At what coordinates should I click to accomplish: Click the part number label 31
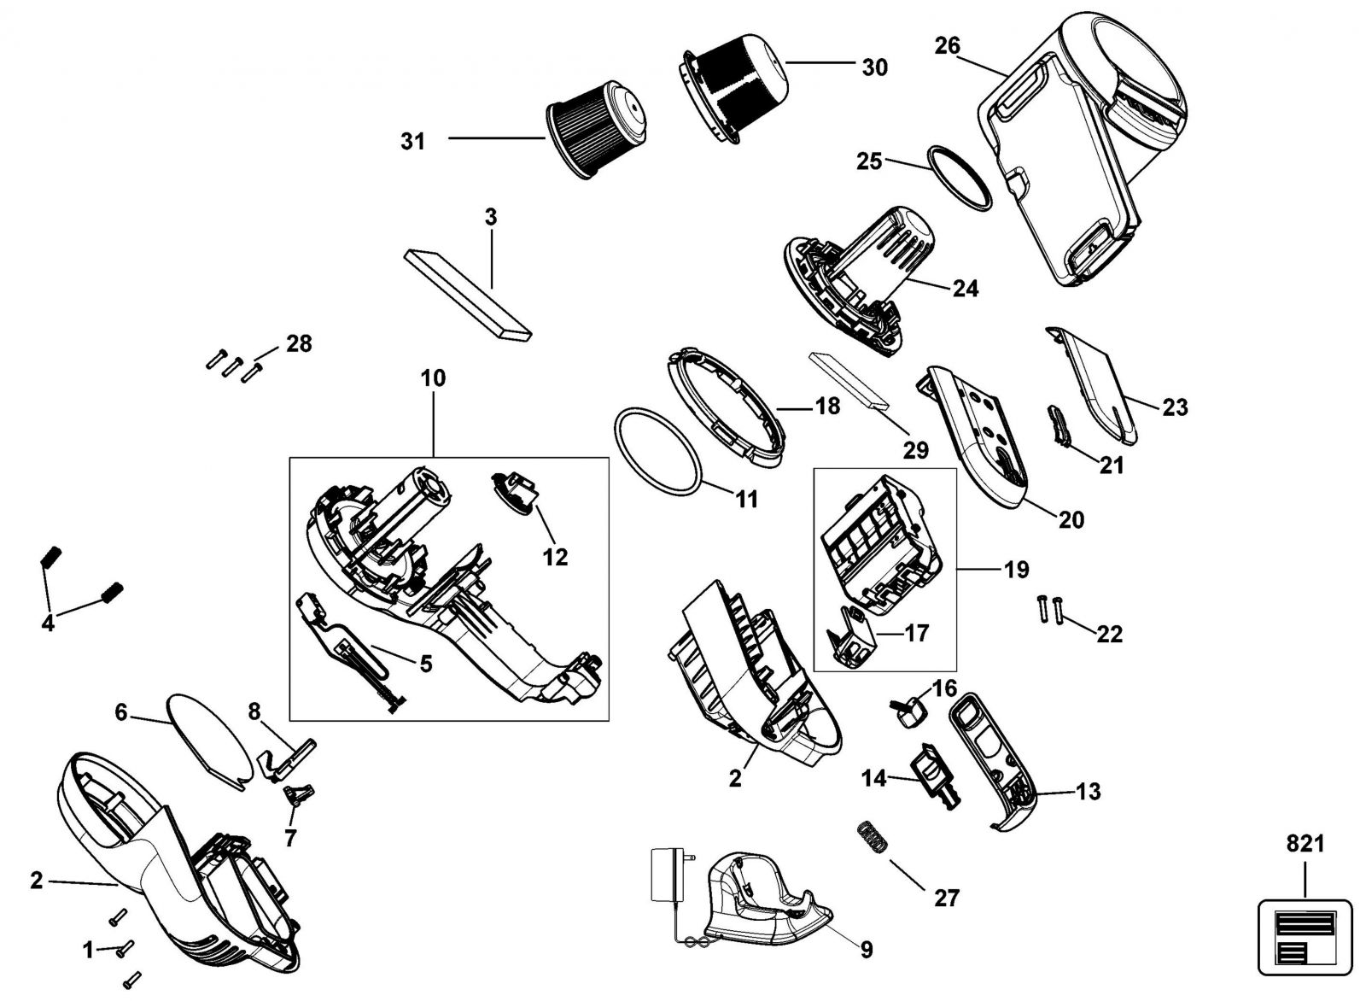pos(413,141)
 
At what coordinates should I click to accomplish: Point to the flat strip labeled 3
pos(467,295)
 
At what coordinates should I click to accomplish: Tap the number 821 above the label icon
pos(1305,844)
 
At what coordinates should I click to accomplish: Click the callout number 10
pos(433,378)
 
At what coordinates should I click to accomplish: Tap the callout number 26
pos(947,45)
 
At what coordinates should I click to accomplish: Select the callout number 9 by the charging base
pos(866,949)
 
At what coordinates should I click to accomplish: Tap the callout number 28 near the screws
pos(299,343)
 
